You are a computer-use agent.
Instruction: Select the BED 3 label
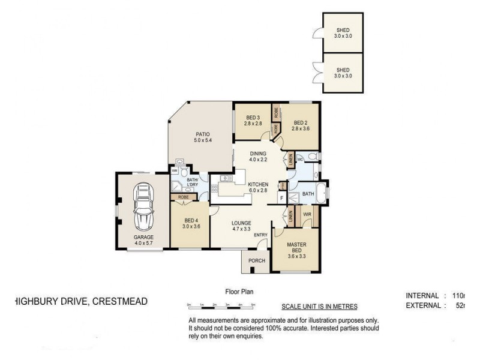tap(252, 118)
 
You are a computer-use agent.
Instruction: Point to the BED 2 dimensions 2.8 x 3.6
tap(300, 128)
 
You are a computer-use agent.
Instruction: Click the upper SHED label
tap(342, 30)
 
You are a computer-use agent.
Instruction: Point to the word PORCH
tap(256, 261)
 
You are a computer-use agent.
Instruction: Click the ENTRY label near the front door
tap(260, 235)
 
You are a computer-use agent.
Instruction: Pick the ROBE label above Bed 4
tap(183, 196)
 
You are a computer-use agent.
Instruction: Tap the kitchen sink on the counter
tap(226, 178)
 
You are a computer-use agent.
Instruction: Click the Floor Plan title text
tap(239, 292)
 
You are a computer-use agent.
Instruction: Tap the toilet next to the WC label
tap(313, 158)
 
